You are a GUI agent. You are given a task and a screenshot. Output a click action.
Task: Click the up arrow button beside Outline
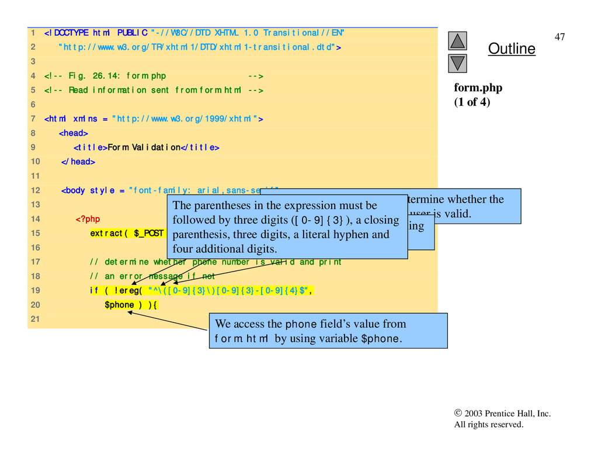(458, 40)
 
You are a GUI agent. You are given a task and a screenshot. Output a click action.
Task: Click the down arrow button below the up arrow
(458, 62)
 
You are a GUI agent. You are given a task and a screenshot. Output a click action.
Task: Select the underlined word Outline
(512, 48)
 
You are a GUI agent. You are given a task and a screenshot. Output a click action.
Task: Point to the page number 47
(559, 37)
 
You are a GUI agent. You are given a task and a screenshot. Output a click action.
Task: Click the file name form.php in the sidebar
(478, 88)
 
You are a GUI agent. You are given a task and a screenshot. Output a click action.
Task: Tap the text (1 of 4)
(472, 102)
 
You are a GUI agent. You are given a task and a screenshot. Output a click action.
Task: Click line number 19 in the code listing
(34, 290)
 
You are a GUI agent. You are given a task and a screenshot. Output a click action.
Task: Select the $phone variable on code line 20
(119, 304)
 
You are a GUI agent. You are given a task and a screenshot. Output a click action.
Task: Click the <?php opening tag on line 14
(88, 219)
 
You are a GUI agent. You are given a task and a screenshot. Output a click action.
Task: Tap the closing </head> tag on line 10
(78, 162)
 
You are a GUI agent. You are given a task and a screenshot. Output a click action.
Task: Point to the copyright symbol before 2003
(458, 414)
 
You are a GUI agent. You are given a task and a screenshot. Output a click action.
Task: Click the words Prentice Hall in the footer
(509, 414)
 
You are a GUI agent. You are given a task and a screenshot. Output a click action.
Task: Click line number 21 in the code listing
(34, 319)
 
